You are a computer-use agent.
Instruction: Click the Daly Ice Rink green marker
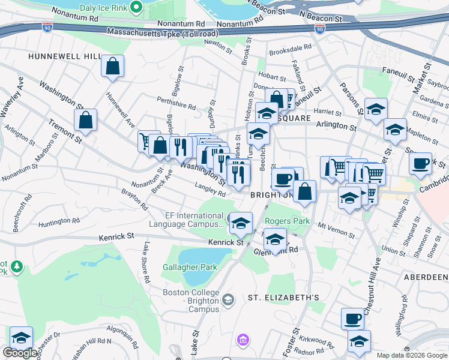pyautogui.click(x=136, y=8)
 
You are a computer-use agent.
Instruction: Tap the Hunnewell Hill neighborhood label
pyautogui.click(x=64, y=56)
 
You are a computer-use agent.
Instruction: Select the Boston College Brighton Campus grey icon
pyautogui.click(x=228, y=299)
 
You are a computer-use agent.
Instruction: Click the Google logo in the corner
pyautogui.click(x=20, y=353)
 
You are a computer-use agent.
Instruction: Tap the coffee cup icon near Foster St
pyautogui.click(x=352, y=318)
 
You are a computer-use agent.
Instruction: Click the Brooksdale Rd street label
pyautogui.click(x=291, y=46)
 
